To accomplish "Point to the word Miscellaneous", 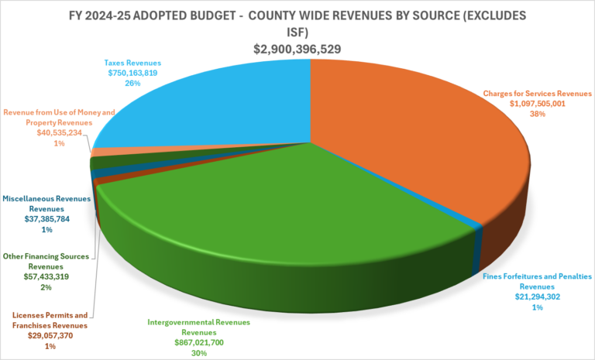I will point(35,198).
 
